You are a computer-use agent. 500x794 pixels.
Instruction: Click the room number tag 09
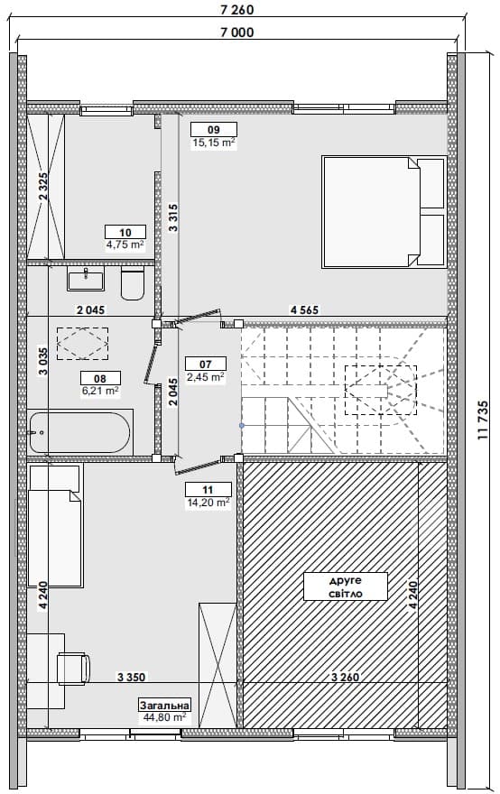tap(214, 130)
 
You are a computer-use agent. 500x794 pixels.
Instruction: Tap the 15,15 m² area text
tap(214, 143)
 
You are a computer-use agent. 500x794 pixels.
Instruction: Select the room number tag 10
tap(125, 233)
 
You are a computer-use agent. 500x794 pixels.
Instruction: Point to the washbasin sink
tap(86, 280)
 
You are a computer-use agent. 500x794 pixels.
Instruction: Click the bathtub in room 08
tap(79, 433)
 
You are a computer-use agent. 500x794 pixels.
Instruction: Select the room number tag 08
tap(100, 378)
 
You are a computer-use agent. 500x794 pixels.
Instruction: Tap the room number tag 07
tap(205, 365)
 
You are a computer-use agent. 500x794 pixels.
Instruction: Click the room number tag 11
tap(208, 490)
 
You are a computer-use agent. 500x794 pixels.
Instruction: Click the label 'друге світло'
tap(346, 586)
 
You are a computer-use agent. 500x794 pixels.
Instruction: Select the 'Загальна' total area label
tap(165, 705)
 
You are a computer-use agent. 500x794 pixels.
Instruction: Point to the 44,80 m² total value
tap(164, 717)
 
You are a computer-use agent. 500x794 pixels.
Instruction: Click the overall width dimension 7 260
tap(237, 9)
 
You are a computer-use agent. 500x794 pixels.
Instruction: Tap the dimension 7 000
tap(237, 32)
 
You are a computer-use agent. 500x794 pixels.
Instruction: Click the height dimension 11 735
tap(483, 420)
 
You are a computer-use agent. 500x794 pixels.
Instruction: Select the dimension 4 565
tap(304, 309)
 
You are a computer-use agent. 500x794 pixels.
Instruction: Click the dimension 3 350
tap(131, 677)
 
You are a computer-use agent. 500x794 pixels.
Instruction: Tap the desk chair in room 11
tap(74, 669)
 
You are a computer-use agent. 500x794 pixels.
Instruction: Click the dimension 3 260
tap(345, 677)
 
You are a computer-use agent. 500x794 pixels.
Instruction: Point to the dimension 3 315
tap(173, 217)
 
